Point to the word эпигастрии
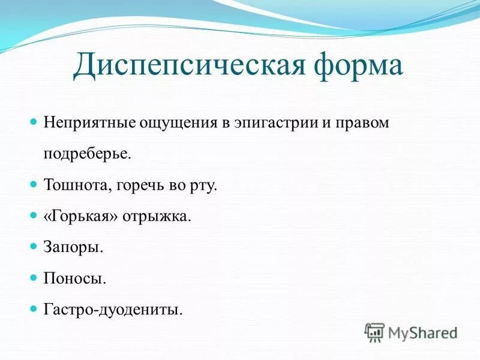(271, 123)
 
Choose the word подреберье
(86, 154)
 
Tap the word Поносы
(75, 278)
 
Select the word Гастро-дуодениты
(112, 309)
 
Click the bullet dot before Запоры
(34, 245)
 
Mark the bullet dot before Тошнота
(34, 183)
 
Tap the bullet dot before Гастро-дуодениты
(34, 308)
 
